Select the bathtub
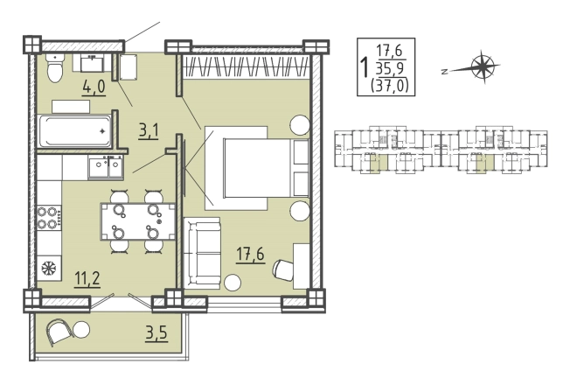pos(75,131)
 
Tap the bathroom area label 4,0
pos(94,87)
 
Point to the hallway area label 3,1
pos(149,131)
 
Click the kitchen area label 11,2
pos(87,279)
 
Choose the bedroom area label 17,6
pos(250,254)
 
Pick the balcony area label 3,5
pos(156,333)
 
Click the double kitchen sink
pos(106,167)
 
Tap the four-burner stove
pos(49,218)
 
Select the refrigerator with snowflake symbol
pos(49,269)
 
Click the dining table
pos(138,221)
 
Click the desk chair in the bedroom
pos(282,269)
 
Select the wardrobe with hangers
pos(247,67)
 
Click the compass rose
pos(483,66)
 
